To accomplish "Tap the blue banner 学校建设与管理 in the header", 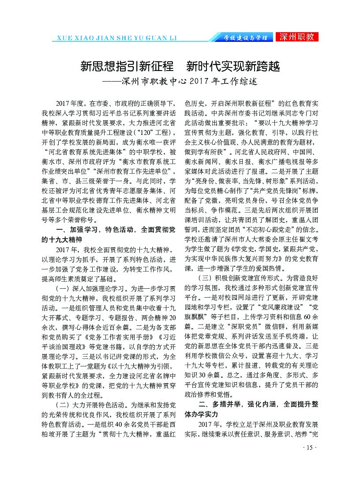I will point(245,38).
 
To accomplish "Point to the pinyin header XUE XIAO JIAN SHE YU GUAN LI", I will point(114,38).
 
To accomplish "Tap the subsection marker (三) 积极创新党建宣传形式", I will point(239,279).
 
